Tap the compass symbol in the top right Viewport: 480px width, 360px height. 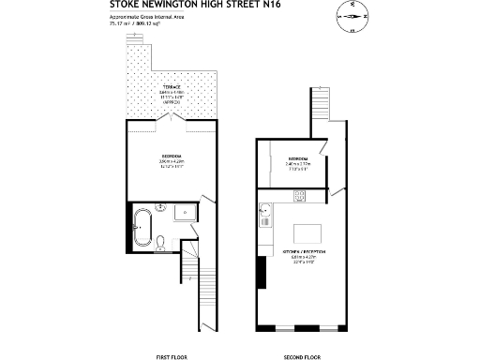coord(352,15)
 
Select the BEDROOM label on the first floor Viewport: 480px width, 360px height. coord(171,157)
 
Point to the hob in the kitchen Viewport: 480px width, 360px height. coord(299,196)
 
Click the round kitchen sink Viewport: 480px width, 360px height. coord(265,208)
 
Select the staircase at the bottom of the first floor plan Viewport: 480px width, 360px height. coord(195,299)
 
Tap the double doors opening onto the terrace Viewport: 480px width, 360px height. coord(171,119)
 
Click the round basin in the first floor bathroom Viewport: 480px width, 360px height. coord(160,207)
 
